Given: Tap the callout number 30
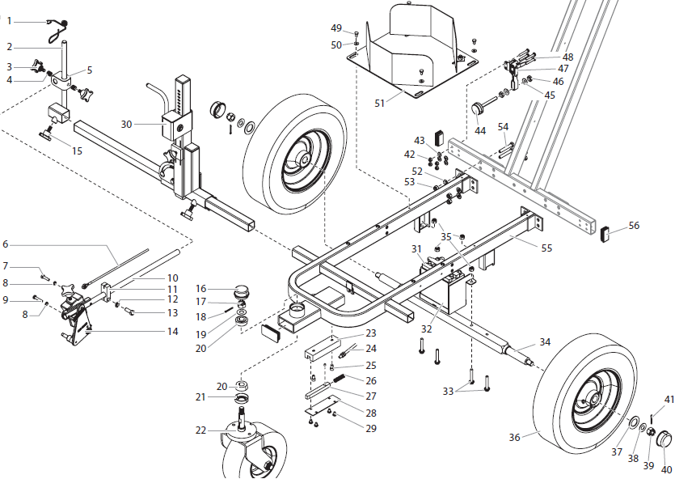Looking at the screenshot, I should (x=126, y=124).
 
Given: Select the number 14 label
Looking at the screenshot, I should (x=173, y=331).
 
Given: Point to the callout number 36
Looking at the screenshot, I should (x=514, y=437).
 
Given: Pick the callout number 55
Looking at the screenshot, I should (x=547, y=248).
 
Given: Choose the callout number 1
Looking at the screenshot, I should (x=9, y=20).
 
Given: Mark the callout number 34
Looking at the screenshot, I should (x=546, y=342).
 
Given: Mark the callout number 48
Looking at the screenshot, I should (x=567, y=57).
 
